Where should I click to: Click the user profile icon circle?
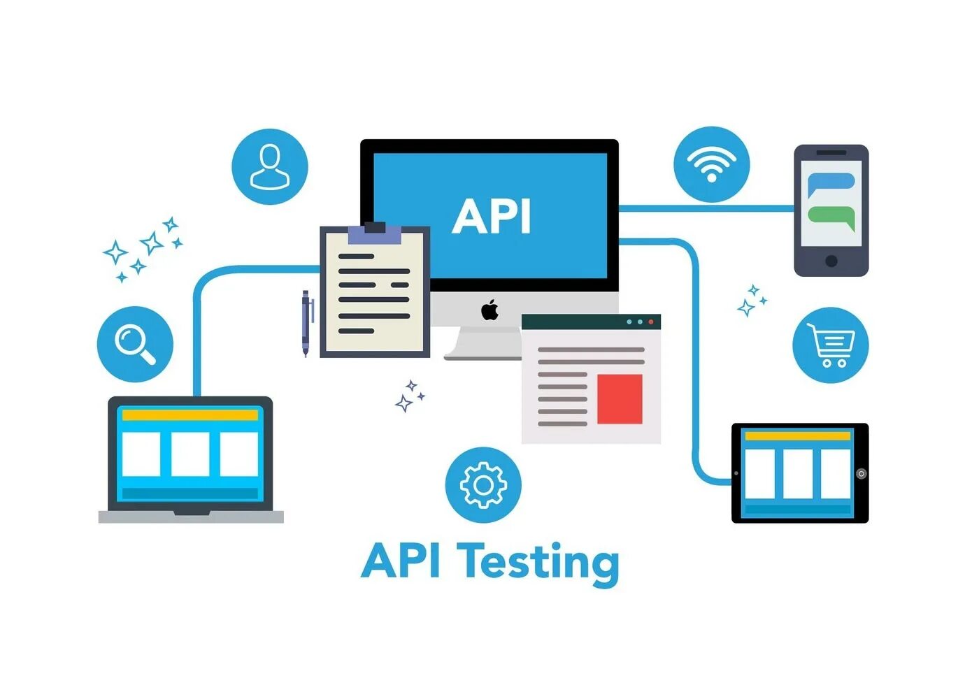(x=270, y=166)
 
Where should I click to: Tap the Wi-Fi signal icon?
(x=711, y=165)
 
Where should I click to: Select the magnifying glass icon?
(x=135, y=344)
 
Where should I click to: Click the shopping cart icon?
(x=831, y=345)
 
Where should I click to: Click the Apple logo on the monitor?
(x=490, y=310)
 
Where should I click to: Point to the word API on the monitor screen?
(x=492, y=216)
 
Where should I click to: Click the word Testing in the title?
(x=539, y=562)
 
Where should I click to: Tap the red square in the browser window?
(x=620, y=399)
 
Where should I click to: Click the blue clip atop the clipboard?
(x=375, y=233)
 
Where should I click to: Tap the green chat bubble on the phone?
(x=831, y=217)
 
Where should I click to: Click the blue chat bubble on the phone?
(x=831, y=185)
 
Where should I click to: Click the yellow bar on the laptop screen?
(x=190, y=415)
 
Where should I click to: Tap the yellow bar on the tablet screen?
(x=797, y=436)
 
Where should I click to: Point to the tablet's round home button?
(x=862, y=474)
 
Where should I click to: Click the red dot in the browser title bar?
(x=651, y=322)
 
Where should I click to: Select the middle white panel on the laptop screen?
(x=190, y=454)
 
